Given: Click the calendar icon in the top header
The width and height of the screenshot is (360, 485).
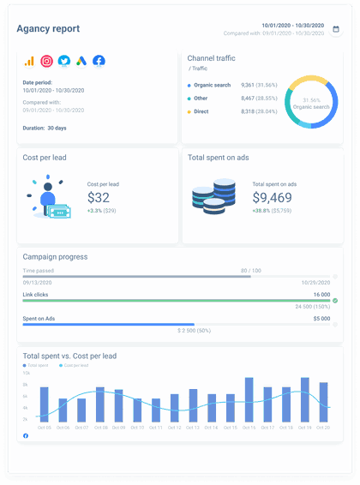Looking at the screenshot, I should pyautogui.click(x=336, y=29).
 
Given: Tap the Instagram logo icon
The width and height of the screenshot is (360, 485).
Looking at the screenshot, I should pyautogui.click(x=46, y=61).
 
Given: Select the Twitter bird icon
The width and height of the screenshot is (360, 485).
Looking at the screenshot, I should pyautogui.click(x=64, y=61).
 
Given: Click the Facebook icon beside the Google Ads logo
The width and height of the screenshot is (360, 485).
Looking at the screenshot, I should pyautogui.click(x=99, y=61).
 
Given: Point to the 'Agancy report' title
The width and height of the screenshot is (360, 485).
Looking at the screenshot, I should pyautogui.click(x=48, y=29).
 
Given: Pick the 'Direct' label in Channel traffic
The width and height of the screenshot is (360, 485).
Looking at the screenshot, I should pyautogui.click(x=202, y=111).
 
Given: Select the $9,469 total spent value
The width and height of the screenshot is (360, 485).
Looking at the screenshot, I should pyautogui.click(x=273, y=198).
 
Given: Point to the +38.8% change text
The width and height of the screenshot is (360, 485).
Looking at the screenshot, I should pyautogui.click(x=261, y=210).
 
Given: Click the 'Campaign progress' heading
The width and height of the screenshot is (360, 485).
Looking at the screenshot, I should pyautogui.click(x=55, y=256).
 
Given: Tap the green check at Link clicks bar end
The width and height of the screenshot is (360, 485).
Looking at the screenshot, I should pyautogui.click(x=335, y=301).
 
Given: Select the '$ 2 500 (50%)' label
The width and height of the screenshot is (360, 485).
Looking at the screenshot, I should pyautogui.click(x=195, y=329).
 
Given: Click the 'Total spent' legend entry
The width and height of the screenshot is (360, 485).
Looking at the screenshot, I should pyautogui.click(x=38, y=366).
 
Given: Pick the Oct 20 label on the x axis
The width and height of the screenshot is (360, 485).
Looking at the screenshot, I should pyautogui.click(x=323, y=427).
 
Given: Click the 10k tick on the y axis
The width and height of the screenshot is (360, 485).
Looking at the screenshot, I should pyautogui.click(x=26, y=373).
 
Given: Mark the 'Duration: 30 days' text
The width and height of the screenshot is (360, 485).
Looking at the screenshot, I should pyautogui.click(x=46, y=128).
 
